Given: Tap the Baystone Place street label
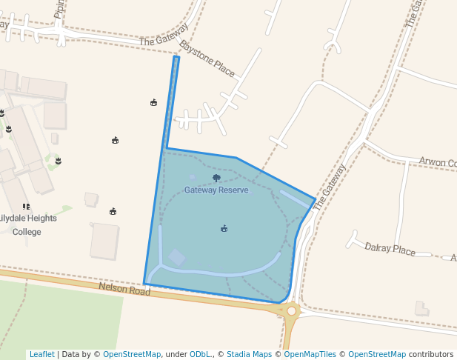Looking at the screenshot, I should tap(207, 59).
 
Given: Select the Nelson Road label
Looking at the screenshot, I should tap(124, 288).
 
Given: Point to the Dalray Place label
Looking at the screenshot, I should tap(390, 249).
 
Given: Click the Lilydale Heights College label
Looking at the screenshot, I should tap(27, 224).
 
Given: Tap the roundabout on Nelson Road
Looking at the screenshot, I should tap(290, 311).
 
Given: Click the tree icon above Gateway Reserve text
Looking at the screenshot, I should tap(216, 178).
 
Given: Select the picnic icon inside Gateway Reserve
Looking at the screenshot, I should tap(224, 228).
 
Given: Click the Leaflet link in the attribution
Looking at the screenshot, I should tap(41, 354).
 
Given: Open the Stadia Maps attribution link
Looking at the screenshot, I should tap(249, 354).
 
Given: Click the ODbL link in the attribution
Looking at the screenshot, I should tap(199, 354).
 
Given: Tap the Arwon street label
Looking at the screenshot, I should tap(437, 161).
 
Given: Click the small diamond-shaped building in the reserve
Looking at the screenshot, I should tap(177, 257).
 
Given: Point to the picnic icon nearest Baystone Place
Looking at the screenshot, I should tap(153, 102).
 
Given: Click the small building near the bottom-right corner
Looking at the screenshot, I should tap(421, 308).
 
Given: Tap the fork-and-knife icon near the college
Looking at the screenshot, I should tap(26, 207).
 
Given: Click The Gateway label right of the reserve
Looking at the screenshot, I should tap(330, 187).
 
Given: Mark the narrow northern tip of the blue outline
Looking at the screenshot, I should tap(176, 59).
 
